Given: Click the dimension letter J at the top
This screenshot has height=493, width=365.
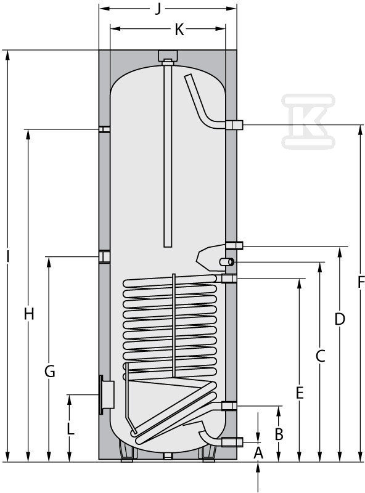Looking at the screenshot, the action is tap(158, 9).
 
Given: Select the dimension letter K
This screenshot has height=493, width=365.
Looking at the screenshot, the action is tap(179, 30).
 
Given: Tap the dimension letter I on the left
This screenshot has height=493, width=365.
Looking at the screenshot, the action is tap(8, 257).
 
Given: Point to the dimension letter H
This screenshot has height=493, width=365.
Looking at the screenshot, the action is tap(29, 314).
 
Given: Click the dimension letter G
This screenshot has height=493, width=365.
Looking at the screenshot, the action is tap(50, 372).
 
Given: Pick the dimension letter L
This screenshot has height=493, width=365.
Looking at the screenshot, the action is tap(71, 430).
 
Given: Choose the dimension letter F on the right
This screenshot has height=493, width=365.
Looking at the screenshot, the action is tap(361, 282).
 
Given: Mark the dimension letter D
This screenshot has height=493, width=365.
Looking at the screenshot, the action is tap(340, 319).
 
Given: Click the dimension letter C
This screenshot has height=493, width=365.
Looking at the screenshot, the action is tap(320, 356).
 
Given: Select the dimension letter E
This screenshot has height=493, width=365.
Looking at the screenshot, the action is tap(300, 393).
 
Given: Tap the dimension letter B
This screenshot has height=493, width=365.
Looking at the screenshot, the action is tap(279, 434).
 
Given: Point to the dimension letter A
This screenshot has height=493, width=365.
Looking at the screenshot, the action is tap(258, 453).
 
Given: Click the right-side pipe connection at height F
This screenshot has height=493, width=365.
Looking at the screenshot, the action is tap(234, 125).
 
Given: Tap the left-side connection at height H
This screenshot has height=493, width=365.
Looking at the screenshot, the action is tap(104, 129).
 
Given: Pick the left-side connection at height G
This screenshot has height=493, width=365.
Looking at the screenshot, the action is tap(104, 256).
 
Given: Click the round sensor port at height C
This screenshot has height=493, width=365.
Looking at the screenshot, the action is tap(226, 261).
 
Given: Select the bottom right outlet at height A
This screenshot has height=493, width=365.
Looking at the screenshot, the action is tap(232, 442).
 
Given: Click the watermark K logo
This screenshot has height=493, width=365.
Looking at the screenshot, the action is tap(308, 121).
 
